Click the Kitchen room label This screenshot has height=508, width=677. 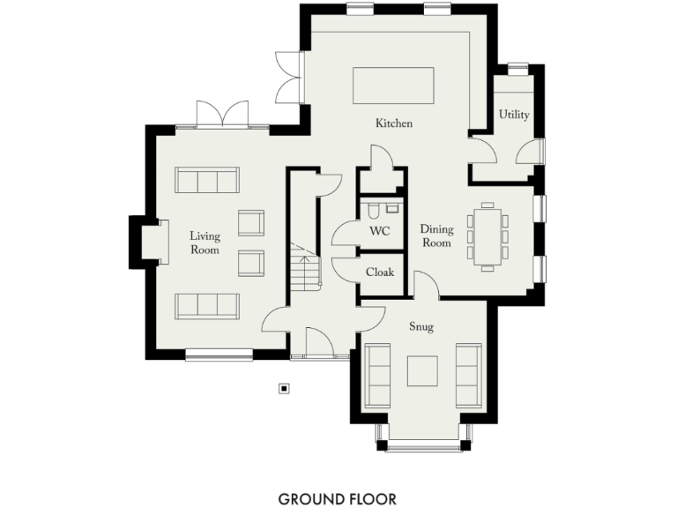click(393, 123)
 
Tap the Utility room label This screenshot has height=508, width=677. click(514, 115)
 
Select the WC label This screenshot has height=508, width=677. click(379, 231)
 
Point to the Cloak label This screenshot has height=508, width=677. click(380, 273)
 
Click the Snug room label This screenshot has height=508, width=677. click(420, 326)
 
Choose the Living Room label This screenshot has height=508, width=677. click(205, 243)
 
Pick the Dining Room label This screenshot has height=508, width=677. click(435, 235)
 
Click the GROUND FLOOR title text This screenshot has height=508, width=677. click(338, 499)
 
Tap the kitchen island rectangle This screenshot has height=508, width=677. click(393, 86)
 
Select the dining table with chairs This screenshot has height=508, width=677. click(487, 235)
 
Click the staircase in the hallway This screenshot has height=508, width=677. click(306, 267)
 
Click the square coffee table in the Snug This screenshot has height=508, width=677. click(422, 371)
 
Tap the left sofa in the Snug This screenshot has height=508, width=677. click(379, 375)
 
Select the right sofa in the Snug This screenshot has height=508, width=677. click(467, 375)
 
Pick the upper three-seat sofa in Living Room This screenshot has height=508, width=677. click(207, 181)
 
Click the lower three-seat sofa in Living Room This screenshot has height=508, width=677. click(207, 306)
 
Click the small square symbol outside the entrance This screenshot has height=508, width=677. click(284, 387)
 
